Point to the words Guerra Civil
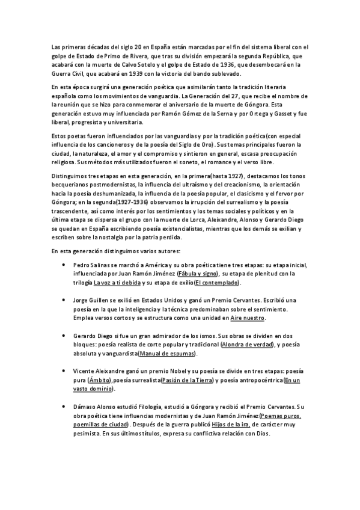70,73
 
